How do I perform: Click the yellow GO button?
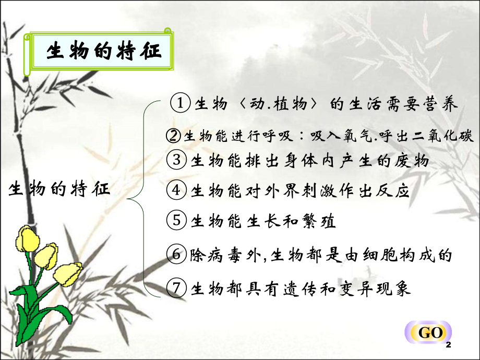[430, 333]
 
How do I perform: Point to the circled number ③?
[178, 160]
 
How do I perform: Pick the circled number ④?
[178, 190]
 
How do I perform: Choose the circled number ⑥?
[178, 255]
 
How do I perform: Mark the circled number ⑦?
[178, 287]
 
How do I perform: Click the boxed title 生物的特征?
[103, 52]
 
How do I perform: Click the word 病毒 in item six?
[229, 256]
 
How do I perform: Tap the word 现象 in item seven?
[396, 288]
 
